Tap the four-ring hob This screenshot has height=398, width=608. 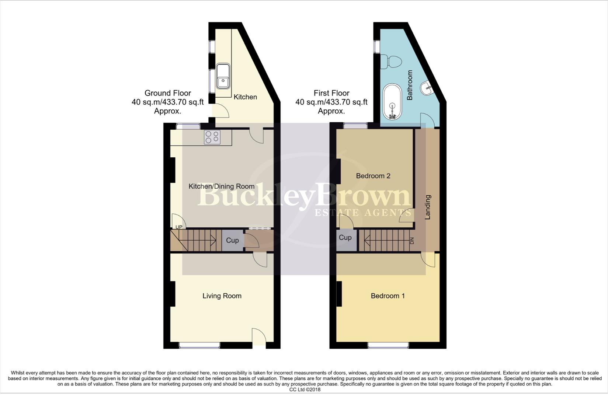212,137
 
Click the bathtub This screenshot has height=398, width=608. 392,102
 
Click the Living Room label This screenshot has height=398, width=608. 222,296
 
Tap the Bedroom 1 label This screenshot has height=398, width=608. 388,296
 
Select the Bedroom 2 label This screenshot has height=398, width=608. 373,176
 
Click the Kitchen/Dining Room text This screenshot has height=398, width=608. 221,186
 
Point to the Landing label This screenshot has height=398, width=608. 428,207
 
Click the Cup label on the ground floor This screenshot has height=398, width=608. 232,240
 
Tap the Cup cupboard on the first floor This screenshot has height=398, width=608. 345,238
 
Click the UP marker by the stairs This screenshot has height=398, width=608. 179,227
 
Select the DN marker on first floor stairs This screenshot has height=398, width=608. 412,241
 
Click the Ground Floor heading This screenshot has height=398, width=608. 167,93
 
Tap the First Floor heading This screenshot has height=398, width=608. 331,93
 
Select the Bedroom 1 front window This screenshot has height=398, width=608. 388,345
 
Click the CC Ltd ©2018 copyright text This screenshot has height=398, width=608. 305,390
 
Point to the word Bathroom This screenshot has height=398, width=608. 410,85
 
